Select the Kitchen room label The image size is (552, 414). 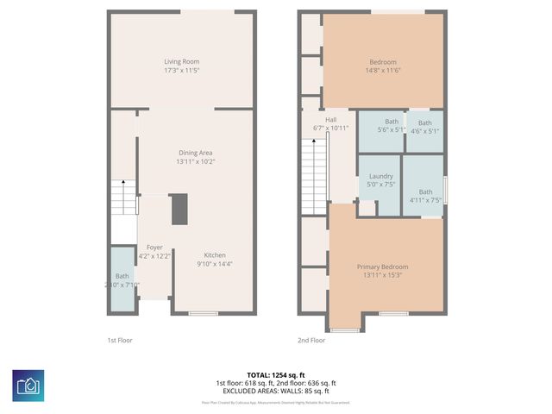(215, 255)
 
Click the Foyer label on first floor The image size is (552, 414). (154, 248)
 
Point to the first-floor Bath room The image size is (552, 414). (122, 280)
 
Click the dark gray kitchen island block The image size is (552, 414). (179, 210)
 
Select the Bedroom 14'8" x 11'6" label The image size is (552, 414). (383, 62)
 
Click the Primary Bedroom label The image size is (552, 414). (382, 267)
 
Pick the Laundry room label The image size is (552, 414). (380, 177)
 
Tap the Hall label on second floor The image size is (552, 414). (331, 120)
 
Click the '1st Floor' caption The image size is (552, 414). (119, 341)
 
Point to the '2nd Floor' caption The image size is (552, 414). (311, 341)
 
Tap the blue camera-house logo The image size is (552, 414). (28, 386)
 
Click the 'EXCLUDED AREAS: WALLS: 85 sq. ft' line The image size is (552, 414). (276, 390)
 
